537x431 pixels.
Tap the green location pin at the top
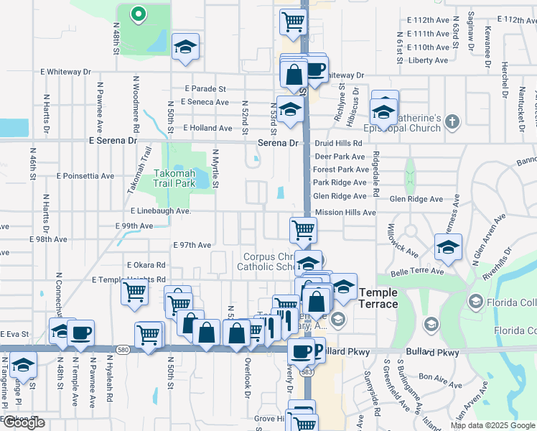[137, 14]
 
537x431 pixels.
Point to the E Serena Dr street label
[113, 141]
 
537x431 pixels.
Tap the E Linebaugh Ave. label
[160, 211]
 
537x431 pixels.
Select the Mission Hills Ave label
[345, 213]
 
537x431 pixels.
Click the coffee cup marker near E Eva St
[82, 332]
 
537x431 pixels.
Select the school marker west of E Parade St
[186, 46]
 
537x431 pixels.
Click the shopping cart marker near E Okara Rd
[134, 292]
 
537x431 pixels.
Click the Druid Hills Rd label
[339, 144]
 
